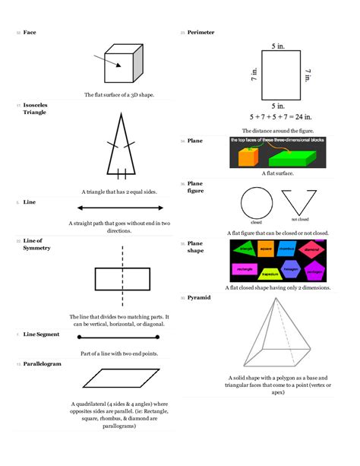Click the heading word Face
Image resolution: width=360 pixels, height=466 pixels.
[30, 33]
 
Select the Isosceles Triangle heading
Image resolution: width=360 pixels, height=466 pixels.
[35, 108]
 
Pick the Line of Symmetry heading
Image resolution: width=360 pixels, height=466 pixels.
[33, 244]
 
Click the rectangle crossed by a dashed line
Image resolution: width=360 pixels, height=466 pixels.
[121, 279]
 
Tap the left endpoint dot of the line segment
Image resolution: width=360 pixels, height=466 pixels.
[79, 337]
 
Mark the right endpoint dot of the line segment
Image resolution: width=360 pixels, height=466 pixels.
[158, 337]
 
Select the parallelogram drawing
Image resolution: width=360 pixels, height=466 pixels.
[120, 378]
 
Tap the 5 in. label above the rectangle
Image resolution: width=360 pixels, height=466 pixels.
[279, 46]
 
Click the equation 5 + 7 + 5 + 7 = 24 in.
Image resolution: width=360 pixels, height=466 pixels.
[281, 117]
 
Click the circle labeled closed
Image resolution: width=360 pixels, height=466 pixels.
[255, 203]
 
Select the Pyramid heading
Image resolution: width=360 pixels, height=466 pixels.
[199, 297]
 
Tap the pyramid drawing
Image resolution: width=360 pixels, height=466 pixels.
[277, 334]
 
